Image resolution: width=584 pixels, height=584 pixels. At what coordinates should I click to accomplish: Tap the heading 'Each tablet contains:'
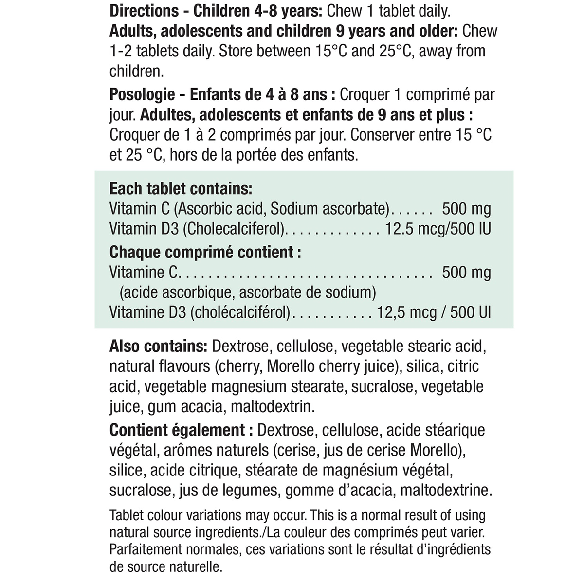point(181,188)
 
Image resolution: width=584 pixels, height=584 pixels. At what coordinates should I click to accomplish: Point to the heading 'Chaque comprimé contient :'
point(205,252)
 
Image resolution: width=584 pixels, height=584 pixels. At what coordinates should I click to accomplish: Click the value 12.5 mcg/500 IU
point(438,229)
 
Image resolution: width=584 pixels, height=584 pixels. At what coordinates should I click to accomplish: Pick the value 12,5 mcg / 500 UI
point(434,312)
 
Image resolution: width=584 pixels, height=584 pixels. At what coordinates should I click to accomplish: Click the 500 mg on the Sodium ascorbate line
point(466,209)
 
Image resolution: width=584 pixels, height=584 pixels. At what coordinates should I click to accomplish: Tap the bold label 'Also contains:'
point(159,347)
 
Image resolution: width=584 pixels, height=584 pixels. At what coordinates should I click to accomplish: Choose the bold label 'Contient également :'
point(177,430)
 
